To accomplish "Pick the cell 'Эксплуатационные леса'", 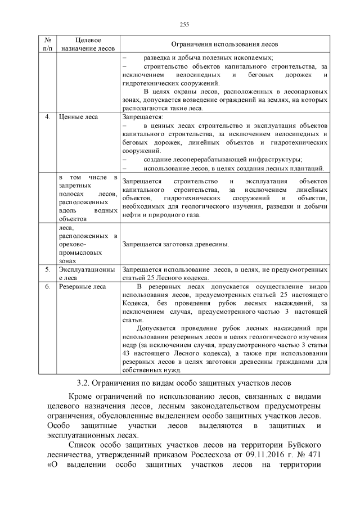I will [x=87, y=274].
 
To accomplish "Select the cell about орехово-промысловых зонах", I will [x=87, y=245].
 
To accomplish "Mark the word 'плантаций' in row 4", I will [x=308, y=168].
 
